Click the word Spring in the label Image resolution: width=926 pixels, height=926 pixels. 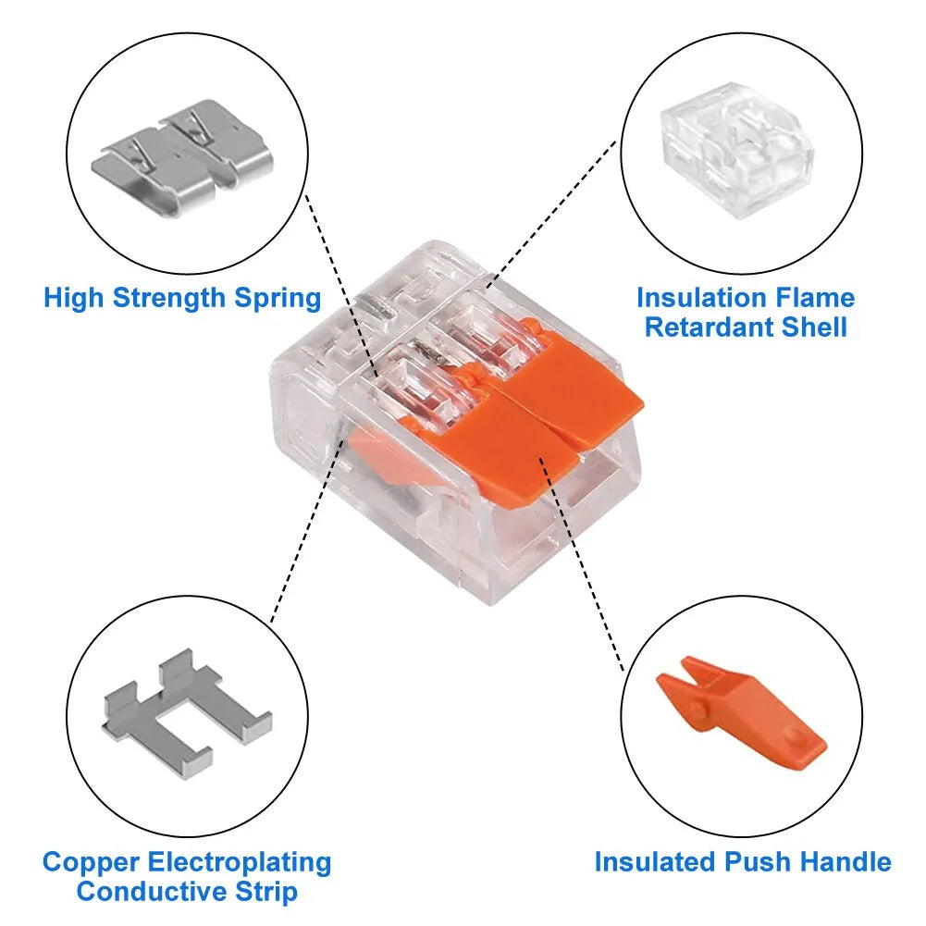(x=277, y=299)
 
